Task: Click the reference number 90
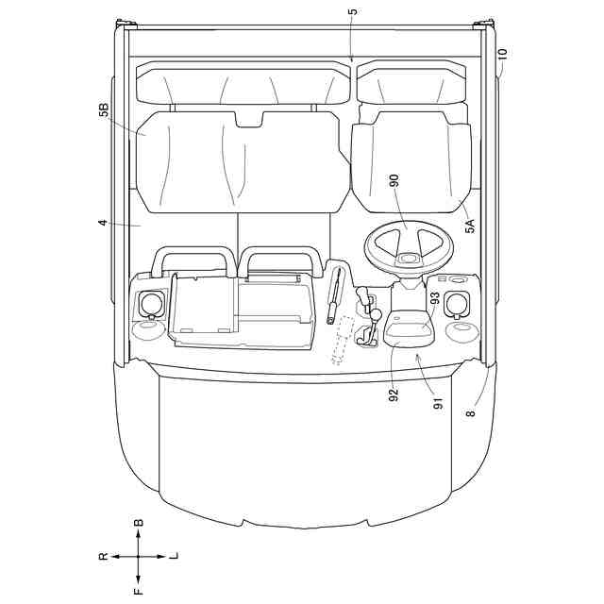[394, 181]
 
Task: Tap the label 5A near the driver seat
[470, 226]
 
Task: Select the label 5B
[104, 110]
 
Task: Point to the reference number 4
[103, 223]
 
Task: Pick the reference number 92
[394, 395]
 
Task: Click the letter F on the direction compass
[139, 591]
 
